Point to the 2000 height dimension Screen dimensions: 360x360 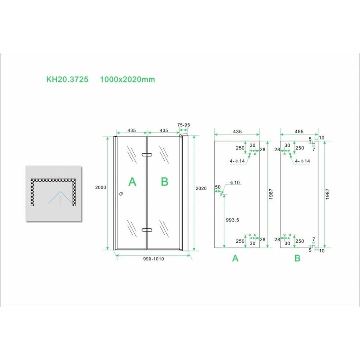tap(100, 188)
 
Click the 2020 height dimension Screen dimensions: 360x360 tap(201, 188)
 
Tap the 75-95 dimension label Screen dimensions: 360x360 tap(183, 125)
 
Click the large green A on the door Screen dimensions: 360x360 tap(132, 182)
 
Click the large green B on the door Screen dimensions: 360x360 tap(164, 182)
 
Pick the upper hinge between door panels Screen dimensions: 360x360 tap(147, 155)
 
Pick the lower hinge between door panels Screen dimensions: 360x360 tap(147, 230)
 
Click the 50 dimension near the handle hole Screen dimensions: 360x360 tap(218, 187)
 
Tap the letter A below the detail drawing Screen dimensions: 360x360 tap(235, 258)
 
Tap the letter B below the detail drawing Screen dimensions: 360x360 tap(297, 258)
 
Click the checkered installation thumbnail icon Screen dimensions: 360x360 tap(54, 193)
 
